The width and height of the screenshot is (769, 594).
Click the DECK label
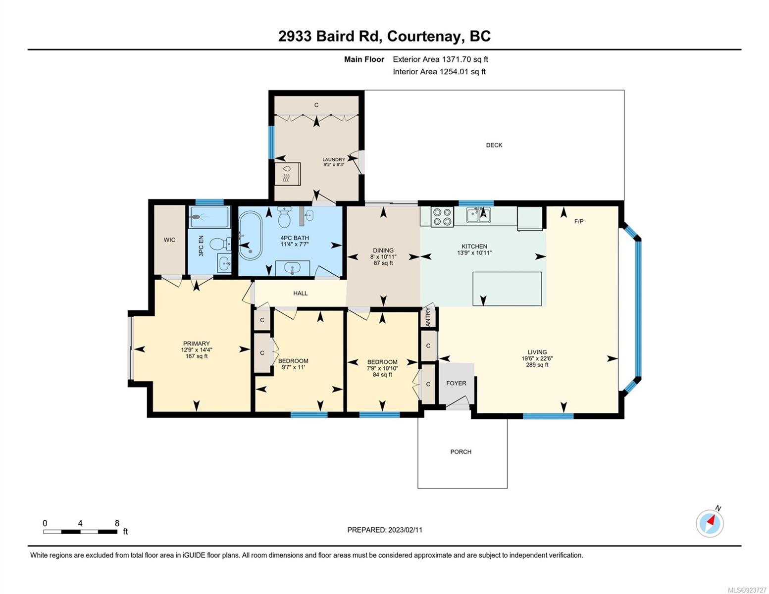pos(494,145)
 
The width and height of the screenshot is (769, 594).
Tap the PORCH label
pos(461,452)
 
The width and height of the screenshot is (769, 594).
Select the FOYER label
pos(456,383)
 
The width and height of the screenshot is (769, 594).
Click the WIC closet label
pos(169,240)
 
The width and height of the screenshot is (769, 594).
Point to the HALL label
pos(300,293)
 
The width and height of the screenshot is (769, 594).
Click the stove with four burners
pos(442,216)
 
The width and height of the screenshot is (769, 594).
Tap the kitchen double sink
pos(478,215)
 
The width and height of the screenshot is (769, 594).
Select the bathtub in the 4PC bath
pos(250,236)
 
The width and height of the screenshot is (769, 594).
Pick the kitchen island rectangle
pos(507,289)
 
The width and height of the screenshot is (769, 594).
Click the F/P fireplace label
pos(579,221)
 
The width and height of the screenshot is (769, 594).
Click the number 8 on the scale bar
pos(117,523)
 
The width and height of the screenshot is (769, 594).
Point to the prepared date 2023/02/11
pos(405,530)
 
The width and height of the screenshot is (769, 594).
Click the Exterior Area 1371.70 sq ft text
pos(440,59)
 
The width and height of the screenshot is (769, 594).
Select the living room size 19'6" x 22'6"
pos(537,358)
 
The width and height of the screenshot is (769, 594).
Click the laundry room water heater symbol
pos(287,174)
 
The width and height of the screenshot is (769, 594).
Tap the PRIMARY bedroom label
pos(197,344)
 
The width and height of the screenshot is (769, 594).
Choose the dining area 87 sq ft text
pos(383,263)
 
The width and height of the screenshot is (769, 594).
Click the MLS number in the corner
pos(746,590)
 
